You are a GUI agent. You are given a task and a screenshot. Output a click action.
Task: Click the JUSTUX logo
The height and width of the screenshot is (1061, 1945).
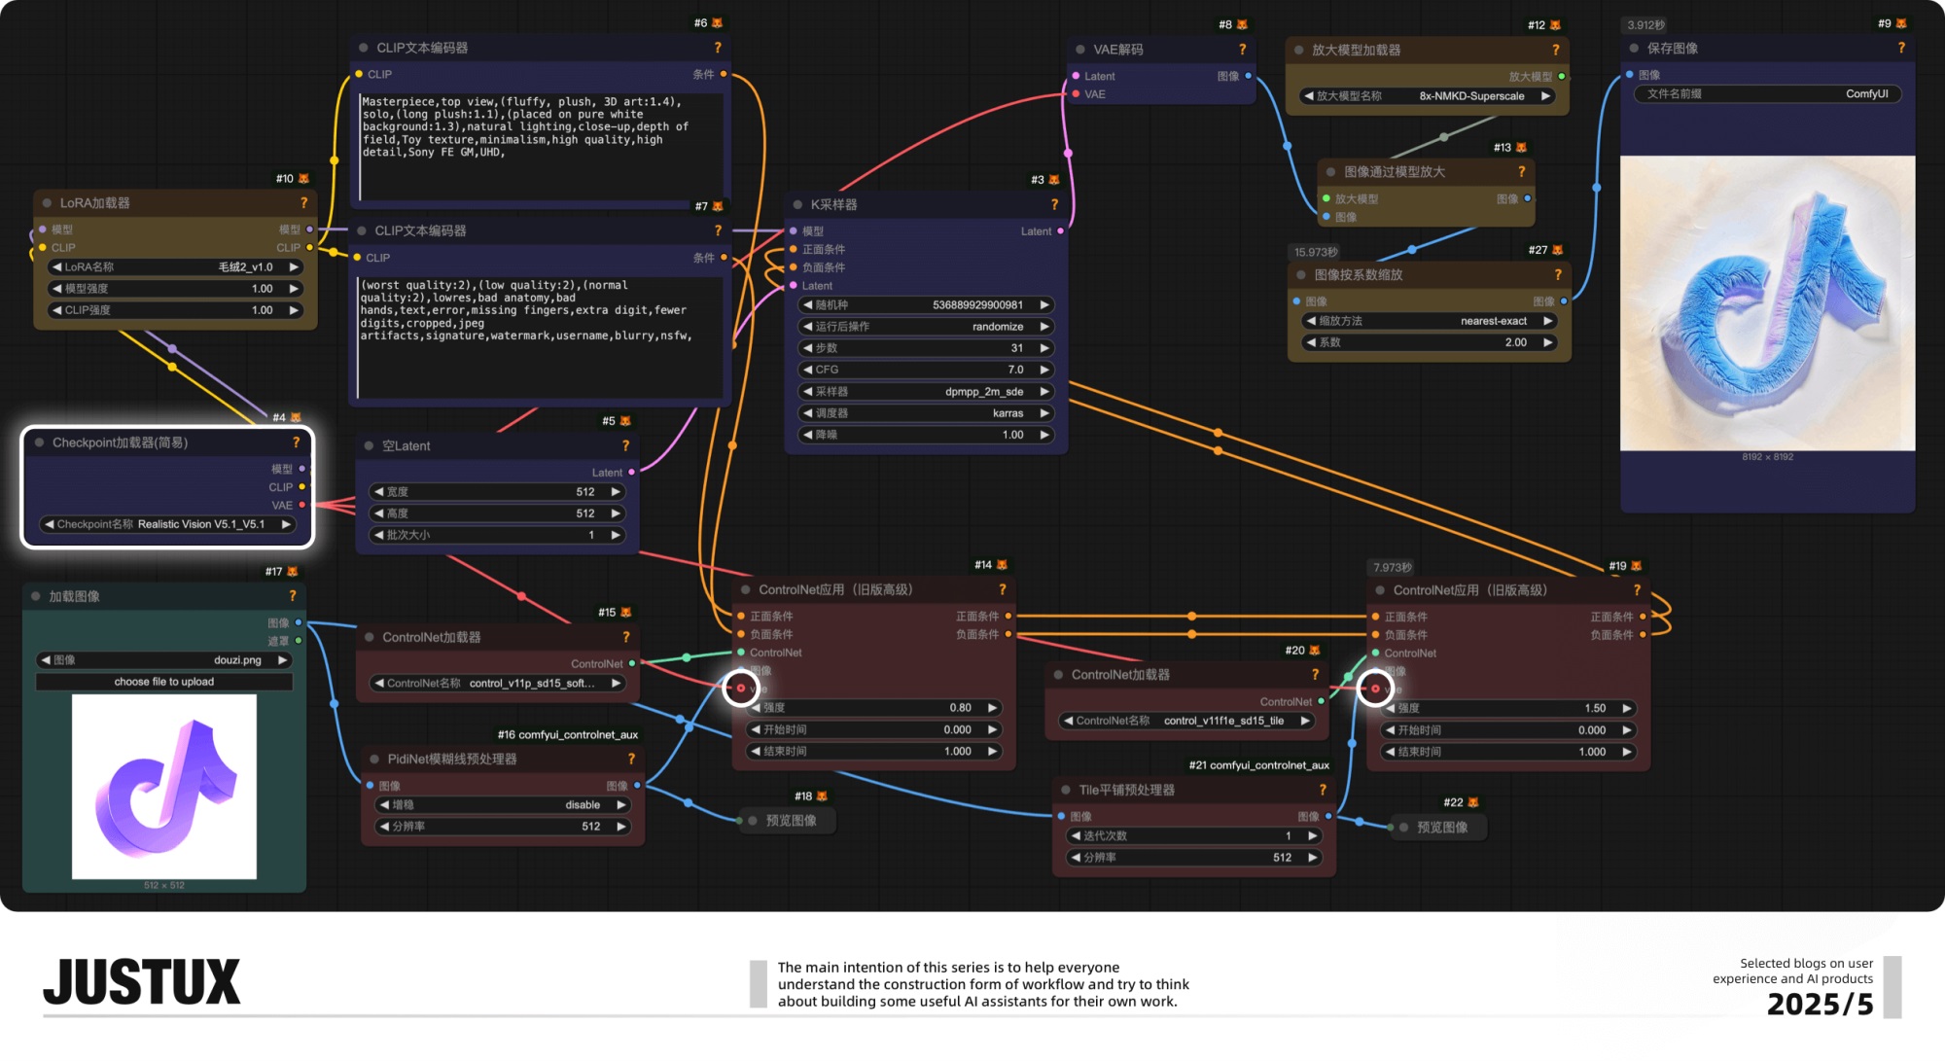coord(142,982)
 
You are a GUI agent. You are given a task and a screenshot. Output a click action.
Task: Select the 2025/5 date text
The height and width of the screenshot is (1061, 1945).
coord(1820,1005)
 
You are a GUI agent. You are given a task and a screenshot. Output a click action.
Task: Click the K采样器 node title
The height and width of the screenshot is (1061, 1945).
coord(833,205)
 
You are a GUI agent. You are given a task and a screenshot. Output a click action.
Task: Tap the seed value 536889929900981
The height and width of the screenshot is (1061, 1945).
coord(977,305)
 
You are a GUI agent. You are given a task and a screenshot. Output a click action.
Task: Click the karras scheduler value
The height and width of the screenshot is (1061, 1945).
coord(1008,413)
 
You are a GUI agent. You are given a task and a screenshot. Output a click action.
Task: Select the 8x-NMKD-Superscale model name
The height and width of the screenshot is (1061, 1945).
coord(1470,96)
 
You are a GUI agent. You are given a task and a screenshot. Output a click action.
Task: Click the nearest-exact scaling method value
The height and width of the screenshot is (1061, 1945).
coord(1493,321)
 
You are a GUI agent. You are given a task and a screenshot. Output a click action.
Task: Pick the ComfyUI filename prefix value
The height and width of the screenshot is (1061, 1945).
coord(1866,94)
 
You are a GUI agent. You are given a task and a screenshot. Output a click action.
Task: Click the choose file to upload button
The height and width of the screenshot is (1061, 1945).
coord(163,682)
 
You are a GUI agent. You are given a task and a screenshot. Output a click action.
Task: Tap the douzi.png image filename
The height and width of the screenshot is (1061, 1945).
coord(237,660)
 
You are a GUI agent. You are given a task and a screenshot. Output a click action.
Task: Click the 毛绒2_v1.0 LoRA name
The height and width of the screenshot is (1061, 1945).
coord(245,267)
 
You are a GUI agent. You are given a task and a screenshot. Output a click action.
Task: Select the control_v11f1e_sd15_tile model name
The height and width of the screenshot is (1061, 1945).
coord(1222,722)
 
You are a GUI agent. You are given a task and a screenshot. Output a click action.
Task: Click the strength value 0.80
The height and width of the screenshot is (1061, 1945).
coord(960,708)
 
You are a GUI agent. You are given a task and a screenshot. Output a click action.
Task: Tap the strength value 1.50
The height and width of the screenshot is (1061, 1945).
coord(1594,709)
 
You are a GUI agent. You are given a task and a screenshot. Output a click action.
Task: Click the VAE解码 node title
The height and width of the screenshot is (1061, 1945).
coord(1117,50)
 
